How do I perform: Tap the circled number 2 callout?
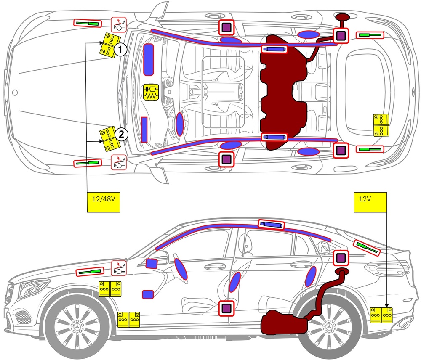(120, 134)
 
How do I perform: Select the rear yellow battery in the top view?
(381, 125)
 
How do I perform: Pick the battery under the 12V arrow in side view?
(381, 315)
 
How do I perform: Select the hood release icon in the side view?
(119, 268)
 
